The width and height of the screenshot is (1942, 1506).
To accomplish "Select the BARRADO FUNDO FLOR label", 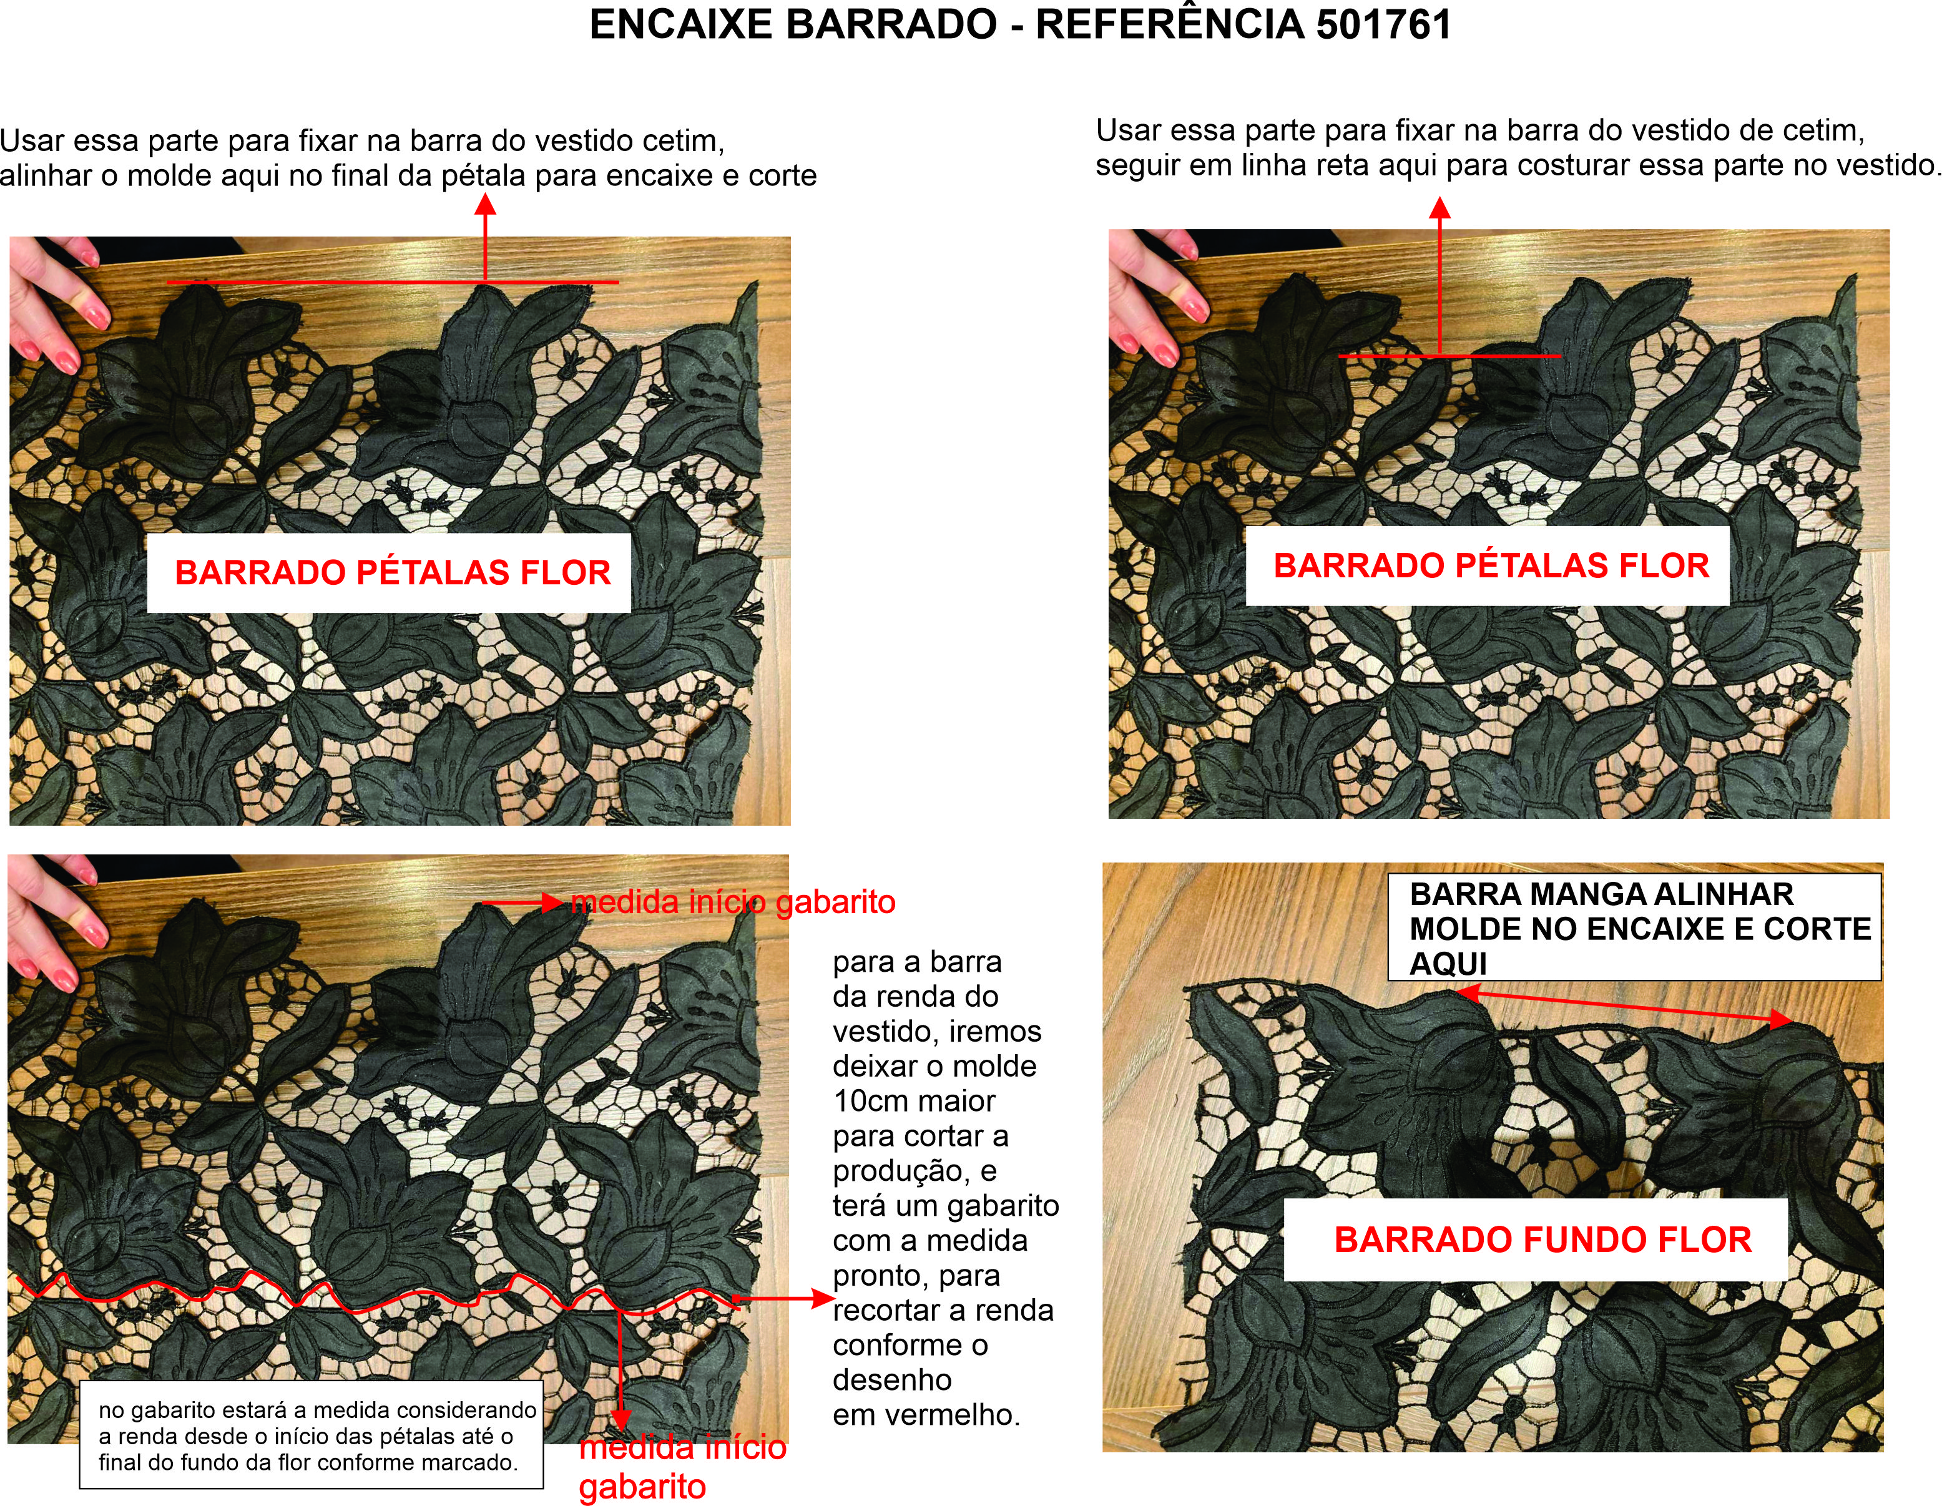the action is (1542, 1240).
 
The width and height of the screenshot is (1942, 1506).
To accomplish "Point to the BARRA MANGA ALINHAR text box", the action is (1634, 927).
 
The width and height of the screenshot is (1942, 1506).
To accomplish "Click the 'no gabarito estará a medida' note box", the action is (311, 1435).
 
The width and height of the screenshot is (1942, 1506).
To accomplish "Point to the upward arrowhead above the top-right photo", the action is (1439, 208).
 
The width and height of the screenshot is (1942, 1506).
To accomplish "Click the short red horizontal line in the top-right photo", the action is (1449, 356).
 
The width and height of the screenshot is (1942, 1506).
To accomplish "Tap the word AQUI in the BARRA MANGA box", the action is (1448, 964).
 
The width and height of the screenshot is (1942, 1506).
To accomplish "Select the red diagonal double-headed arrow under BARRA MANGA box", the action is (1626, 1007).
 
